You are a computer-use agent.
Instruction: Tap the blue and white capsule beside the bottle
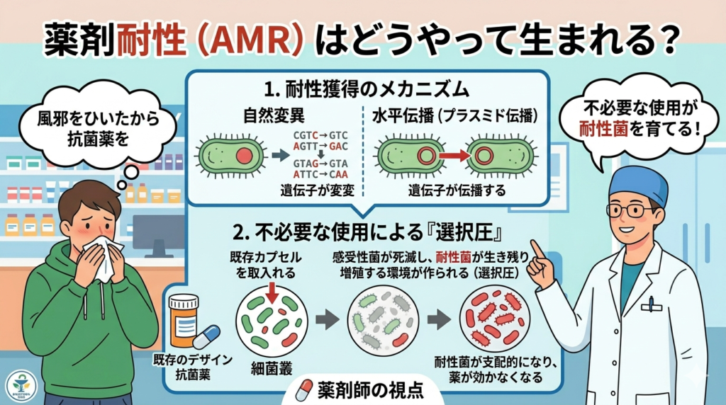pos(206,337)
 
